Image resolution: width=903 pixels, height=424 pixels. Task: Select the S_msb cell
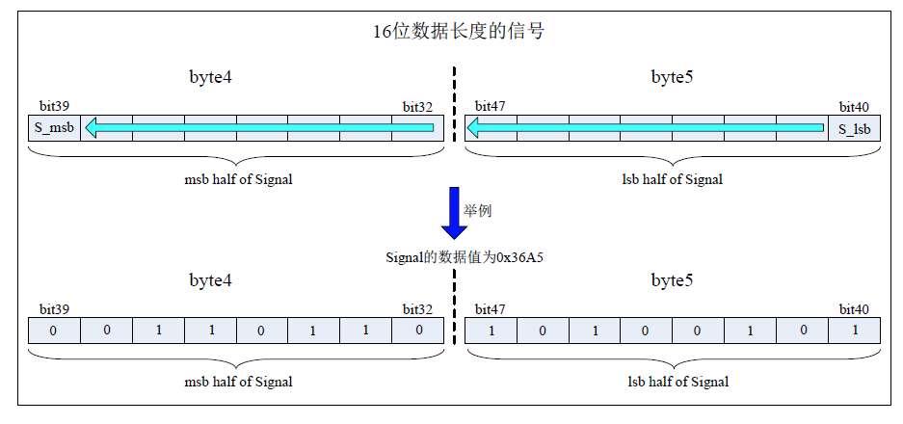click(x=54, y=128)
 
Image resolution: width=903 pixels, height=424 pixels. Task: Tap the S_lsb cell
click(x=854, y=128)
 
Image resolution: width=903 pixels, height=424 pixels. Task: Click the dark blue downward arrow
click(x=454, y=213)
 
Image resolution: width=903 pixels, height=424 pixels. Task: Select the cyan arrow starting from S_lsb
click(x=646, y=128)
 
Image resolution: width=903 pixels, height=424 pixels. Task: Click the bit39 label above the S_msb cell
click(x=54, y=106)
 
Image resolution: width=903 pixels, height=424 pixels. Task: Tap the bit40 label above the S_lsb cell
click(x=854, y=106)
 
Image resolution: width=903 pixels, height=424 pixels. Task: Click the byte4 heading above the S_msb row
click(x=210, y=77)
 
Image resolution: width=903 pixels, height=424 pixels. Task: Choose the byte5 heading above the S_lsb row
click(x=672, y=77)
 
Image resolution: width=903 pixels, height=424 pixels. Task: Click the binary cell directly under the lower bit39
click(x=54, y=331)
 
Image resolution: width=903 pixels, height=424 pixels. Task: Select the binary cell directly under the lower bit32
click(x=417, y=331)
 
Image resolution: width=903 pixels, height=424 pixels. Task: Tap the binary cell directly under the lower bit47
click(x=491, y=331)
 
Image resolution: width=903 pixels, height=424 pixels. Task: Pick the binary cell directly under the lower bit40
click(x=854, y=331)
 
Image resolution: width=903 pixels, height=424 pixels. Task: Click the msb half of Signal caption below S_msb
click(x=238, y=179)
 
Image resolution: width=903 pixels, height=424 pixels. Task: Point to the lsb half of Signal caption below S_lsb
click(x=673, y=179)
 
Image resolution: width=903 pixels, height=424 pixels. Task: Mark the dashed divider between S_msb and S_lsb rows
click(x=454, y=106)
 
